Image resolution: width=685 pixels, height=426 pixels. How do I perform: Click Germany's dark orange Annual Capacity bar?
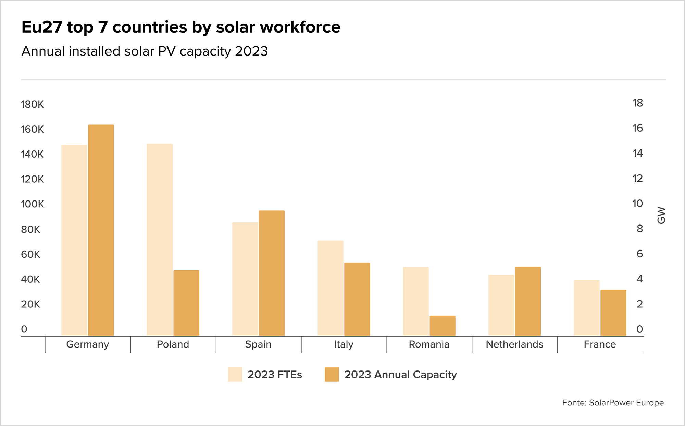(101, 230)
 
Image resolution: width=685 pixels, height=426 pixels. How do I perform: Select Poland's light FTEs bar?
(160, 240)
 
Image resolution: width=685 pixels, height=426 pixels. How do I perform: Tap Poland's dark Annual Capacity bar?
(186, 303)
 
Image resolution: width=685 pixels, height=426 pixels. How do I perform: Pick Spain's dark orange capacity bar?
(272, 273)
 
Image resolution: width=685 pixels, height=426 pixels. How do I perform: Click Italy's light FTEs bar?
(330, 288)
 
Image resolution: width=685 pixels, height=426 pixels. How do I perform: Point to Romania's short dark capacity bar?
(443, 326)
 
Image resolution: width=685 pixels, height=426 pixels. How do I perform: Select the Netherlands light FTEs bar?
(501, 305)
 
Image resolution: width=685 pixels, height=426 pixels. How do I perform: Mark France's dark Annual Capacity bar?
(613, 313)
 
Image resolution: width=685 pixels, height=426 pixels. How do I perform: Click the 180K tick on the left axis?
(33, 104)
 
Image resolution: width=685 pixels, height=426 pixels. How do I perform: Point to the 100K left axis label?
(33, 204)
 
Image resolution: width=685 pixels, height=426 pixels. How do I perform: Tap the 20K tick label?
(30, 304)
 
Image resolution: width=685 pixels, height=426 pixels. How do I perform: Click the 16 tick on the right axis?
(637, 128)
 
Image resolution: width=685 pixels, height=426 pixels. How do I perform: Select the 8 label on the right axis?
(639, 229)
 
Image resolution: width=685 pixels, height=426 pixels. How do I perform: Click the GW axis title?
(661, 215)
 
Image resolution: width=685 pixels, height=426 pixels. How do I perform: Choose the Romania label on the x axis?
(429, 344)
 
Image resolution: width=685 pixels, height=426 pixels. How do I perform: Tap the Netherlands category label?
(514, 344)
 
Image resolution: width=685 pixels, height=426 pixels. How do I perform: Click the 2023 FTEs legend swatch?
(235, 375)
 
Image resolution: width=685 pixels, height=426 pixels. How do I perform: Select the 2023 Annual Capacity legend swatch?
(332, 375)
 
